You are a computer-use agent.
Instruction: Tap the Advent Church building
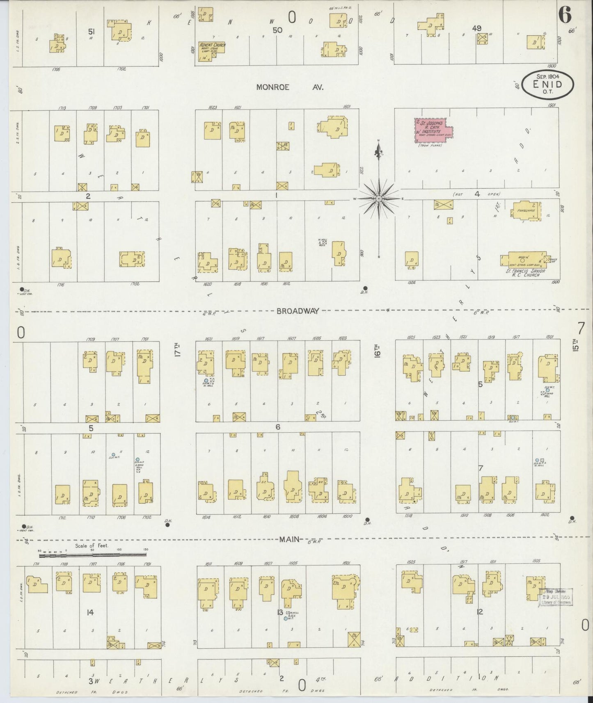[x=212, y=51]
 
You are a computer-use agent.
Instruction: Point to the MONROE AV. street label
[x=290, y=87]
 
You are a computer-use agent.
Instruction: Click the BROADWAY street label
[x=298, y=311]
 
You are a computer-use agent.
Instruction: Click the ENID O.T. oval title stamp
[x=548, y=84]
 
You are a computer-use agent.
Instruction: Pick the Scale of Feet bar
[x=92, y=555]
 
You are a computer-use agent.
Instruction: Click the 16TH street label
[x=377, y=351]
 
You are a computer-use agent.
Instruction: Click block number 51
[x=92, y=31]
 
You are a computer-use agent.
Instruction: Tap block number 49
[x=476, y=28]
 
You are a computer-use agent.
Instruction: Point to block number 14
[x=90, y=612]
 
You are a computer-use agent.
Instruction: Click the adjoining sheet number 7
[x=581, y=329]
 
